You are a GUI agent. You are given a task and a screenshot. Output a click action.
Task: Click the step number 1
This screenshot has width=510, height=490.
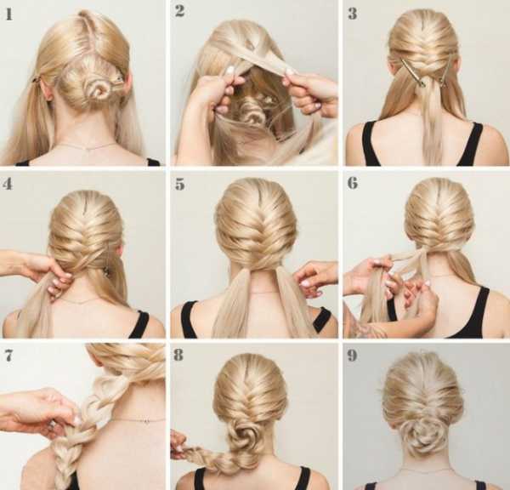[x=9, y=14]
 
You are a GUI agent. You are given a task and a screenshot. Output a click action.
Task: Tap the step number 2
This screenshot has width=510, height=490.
[x=180, y=11]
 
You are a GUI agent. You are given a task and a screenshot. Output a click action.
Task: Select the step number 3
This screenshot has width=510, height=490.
[x=352, y=14]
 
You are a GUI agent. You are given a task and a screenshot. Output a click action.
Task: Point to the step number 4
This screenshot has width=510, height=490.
[x=8, y=184]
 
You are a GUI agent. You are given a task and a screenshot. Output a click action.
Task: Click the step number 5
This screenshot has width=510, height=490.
[x=180, y=185]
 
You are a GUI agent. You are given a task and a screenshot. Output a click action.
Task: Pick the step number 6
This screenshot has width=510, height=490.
[x=353, y=183]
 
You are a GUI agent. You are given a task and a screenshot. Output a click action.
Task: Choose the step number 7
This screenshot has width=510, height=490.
[x=8, y=356]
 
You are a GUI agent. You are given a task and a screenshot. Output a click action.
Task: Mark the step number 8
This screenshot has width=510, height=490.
[x=178, y=355]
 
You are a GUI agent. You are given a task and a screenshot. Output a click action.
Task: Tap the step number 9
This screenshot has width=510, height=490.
[x=352, y=356]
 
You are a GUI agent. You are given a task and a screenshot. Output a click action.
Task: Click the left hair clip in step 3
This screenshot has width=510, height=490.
[x=412, y=72]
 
